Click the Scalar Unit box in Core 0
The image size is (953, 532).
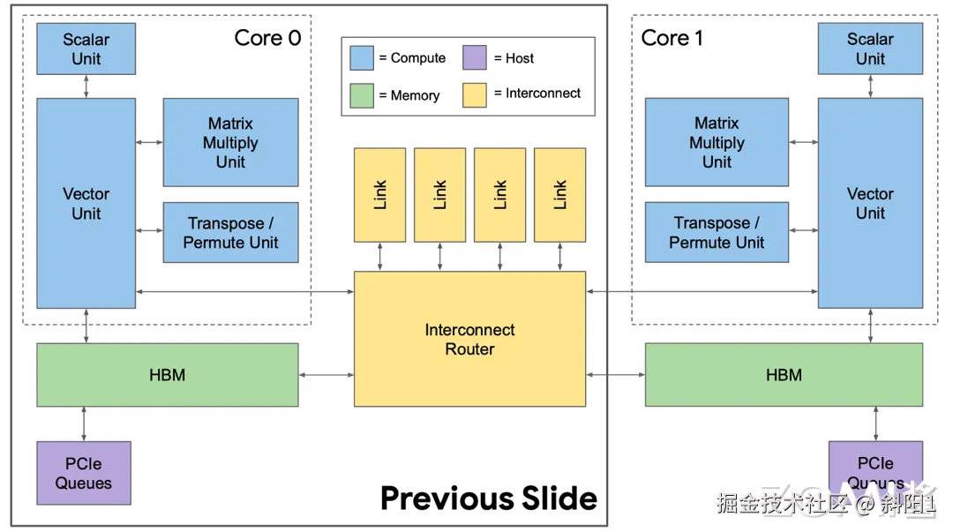86,49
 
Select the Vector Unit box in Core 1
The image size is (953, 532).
870,203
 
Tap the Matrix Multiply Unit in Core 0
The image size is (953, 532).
230,142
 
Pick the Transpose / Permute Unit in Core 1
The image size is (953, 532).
717,232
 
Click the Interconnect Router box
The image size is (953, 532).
469,339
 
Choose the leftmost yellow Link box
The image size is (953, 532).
379,194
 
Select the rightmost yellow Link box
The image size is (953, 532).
559,194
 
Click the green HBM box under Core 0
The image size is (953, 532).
167,375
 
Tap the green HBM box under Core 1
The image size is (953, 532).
784,375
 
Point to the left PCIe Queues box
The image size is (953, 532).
84,473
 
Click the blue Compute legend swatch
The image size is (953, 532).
362,58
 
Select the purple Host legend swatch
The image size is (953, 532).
475,58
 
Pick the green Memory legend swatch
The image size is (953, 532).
362,95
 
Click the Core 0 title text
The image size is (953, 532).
267,38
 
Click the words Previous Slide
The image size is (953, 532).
489,498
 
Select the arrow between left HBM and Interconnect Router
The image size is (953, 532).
326,375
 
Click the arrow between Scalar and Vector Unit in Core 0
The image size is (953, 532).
86,86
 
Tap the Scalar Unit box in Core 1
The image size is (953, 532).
870,49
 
